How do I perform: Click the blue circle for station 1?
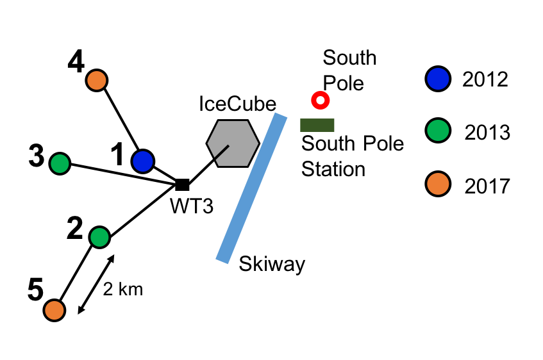(142, 161)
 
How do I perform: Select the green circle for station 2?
(99, 237)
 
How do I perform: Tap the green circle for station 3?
(60, 163)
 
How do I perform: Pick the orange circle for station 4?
(97, 81)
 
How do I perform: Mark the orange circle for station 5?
(54, 310)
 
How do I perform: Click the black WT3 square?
(182, 185)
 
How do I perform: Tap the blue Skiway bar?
(251, 188)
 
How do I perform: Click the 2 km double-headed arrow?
(96, 284)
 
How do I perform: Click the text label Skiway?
(272, 264)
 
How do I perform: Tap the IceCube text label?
(237, 104)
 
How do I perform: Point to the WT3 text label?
(190, 207)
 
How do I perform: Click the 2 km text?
(123, 289)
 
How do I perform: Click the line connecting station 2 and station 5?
(77, 274)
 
